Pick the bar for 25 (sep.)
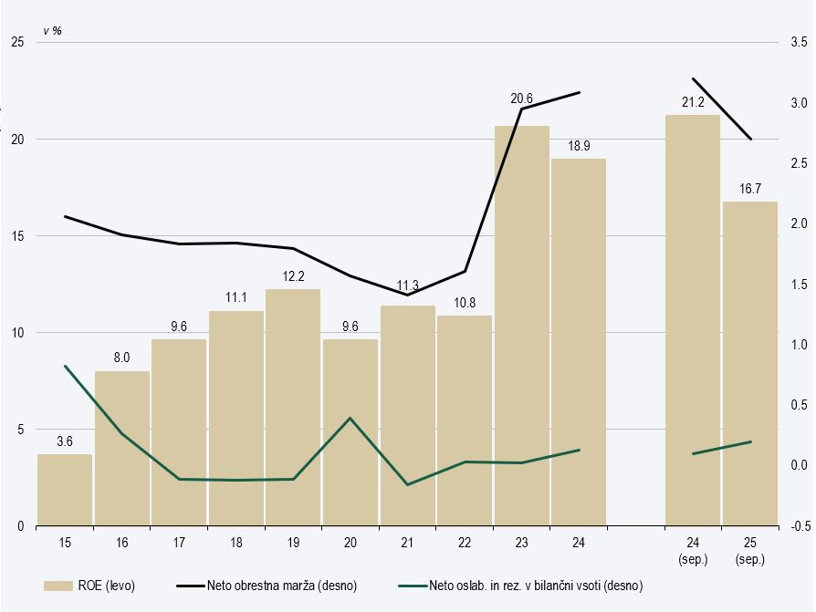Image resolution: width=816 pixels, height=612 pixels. point(749,364)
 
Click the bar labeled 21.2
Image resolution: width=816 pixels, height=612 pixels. point(692,320)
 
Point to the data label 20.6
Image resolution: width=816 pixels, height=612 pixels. point(521,98)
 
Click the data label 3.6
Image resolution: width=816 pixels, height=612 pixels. point(65,441)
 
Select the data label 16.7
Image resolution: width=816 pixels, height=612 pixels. point(749,188)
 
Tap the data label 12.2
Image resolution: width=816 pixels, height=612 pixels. point(293,275)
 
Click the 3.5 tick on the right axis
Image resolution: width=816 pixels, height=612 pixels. point(798,42)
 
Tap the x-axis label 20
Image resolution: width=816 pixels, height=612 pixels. point(350,544)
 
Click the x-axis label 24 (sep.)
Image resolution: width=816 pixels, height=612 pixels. point(692,551)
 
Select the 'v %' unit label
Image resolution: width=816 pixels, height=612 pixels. point(52,30)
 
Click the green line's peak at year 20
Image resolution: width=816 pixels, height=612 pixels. point(350,418)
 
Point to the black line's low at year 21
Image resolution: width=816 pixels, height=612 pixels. point(407,295)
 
